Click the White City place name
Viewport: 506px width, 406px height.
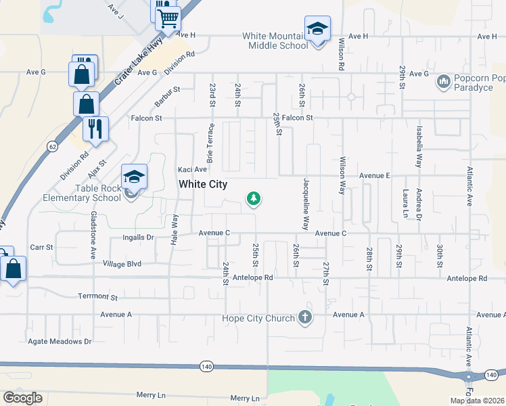pos(202,184)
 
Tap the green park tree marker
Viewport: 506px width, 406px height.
pos(254,198)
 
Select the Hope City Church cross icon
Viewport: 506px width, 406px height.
pos(305,317)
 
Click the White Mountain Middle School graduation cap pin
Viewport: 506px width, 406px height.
pos(317,29)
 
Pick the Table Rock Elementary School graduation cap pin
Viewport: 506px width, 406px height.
pos(135,177)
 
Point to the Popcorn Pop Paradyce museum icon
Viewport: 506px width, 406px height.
pos(444,82)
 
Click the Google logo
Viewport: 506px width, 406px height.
pos(22,398)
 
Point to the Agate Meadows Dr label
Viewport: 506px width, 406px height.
pos(60,342)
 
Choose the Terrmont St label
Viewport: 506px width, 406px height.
pos(97,297)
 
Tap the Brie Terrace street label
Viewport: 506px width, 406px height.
pos(210,143)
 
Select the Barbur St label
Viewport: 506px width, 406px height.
pos(167,89)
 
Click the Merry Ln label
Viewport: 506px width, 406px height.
pos(151,394)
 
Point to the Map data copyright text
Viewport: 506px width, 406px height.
pos(477,401)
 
